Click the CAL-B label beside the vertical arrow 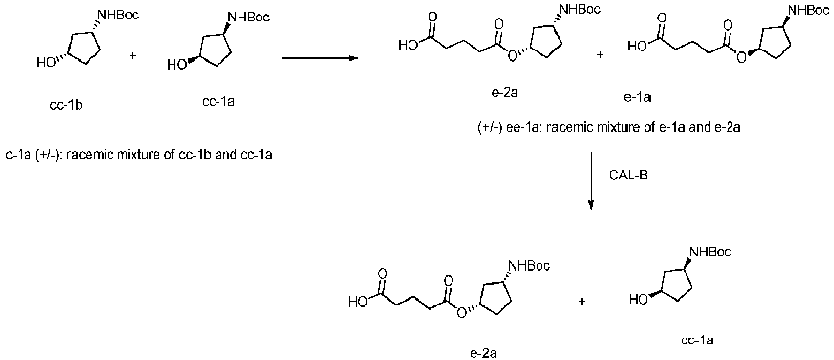[x=628, y=174]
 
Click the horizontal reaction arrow [x=320, y=58]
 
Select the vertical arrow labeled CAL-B [x=591, y=181]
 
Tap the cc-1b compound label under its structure [x=66, y=105]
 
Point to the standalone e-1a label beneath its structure [x=637, y=97]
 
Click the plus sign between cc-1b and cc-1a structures [x=133, y=56]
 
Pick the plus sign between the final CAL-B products [x=582, y=301]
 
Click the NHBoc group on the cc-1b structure [x=118, y=15]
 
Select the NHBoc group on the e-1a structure [x=809, y=10]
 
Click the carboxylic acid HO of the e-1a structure [x=637, y=46]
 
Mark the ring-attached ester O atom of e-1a [x=741, y=58]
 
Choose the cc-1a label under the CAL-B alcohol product [x=698, y=340]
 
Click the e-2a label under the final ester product [x=483, y=353]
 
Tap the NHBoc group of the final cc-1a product [x=710, y=252]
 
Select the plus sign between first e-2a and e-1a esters [x=600, y=55]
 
